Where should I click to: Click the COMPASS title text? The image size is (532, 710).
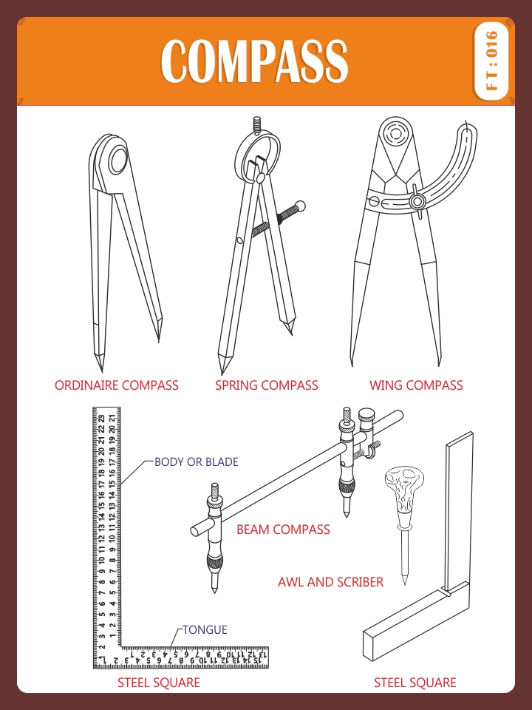pos(254,61)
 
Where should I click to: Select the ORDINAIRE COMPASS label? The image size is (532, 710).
pos(117,385)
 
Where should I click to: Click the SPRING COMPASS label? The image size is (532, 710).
pos(267,385)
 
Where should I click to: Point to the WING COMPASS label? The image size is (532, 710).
pos(416,385)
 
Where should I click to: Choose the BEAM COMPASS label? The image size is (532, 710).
pos(283,530)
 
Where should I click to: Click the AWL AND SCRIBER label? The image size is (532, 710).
pos(331,582)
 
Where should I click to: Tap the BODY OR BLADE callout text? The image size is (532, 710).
pos(197,461)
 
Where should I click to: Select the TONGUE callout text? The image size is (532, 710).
pos(205,630)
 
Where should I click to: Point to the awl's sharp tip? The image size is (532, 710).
pos(404,584)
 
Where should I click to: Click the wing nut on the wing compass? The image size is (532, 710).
pos(417,201)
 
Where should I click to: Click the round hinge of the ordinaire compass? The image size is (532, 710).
pos(118,160)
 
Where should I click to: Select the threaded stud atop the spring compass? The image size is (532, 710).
pos(257,124)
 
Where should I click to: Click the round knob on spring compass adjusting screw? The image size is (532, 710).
pos(299,206)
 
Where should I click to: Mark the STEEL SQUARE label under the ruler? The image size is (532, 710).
pos(159,683)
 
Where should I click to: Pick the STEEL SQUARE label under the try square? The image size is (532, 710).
pos(415,683)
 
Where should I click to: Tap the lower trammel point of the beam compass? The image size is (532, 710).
pos(214,581)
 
